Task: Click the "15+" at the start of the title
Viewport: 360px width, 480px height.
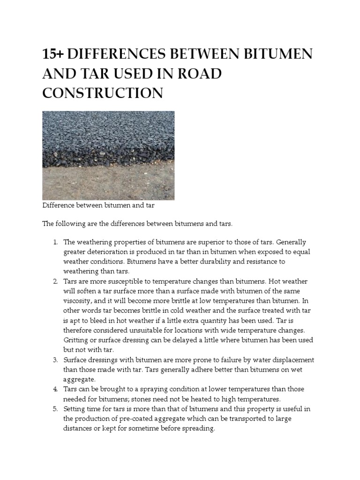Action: click(53, 54)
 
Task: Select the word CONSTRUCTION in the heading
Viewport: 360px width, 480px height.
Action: click(103, 93)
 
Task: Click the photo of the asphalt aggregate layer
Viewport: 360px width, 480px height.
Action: click(108, 155)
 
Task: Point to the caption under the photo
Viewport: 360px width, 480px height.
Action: click(98, 205)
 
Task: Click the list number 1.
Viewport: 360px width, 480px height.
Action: click(54, 242)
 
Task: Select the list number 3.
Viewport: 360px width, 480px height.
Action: click(54, 360)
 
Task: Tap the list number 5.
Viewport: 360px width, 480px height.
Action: click(54, 409)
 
